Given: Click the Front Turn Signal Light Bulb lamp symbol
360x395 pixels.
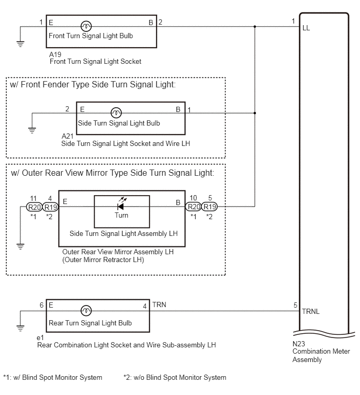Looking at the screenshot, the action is (86, 26).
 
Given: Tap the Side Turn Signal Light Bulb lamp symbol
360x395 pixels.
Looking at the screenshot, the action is (116, 113).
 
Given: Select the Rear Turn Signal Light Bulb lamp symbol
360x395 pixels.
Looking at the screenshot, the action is (86, 311).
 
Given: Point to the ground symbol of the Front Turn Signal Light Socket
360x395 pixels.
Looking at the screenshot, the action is (20, 44).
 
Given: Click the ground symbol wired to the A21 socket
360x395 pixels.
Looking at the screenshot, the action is (32, 131).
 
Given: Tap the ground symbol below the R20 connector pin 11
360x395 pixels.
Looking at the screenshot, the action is (20, 246).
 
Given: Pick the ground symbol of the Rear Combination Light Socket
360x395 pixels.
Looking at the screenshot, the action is (20, 329).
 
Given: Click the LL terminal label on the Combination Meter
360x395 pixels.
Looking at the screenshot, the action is (306, 28).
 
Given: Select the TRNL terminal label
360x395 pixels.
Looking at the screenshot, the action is (311, 312).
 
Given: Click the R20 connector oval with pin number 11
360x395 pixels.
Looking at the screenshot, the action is (34, 207).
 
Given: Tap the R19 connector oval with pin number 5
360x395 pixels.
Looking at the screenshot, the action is (209, 207).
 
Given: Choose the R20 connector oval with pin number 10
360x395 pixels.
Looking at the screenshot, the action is (194, 207).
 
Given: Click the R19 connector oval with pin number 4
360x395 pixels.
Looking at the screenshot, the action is (50, 207).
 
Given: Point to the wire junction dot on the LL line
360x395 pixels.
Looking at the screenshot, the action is (255, 27).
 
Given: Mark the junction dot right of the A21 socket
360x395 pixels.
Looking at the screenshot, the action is (255, 113).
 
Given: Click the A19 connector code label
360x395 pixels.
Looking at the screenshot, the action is (55, 54).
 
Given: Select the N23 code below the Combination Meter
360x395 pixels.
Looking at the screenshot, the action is (299, 344).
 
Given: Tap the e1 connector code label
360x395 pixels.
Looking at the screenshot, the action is (40, 337).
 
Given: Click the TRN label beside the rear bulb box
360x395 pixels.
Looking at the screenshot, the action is (159, 305).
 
